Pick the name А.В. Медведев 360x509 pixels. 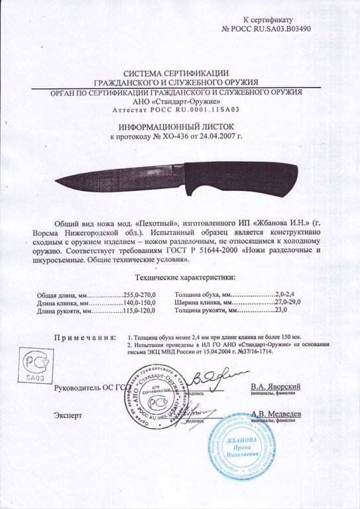click(278, 414)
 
